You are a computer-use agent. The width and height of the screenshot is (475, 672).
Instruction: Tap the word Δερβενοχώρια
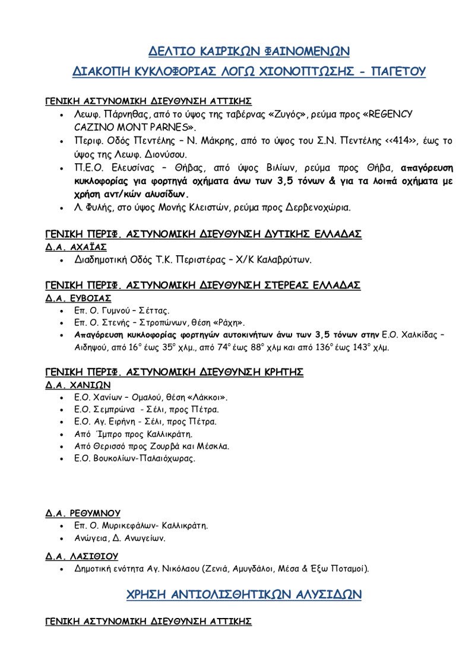321,208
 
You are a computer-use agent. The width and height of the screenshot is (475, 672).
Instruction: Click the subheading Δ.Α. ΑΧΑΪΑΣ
76,247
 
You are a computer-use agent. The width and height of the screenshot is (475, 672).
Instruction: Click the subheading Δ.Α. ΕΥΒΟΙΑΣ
78,298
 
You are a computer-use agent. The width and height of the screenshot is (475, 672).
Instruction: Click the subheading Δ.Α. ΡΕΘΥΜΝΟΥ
83,513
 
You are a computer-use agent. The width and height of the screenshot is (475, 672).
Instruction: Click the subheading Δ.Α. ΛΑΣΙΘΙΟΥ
82,556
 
